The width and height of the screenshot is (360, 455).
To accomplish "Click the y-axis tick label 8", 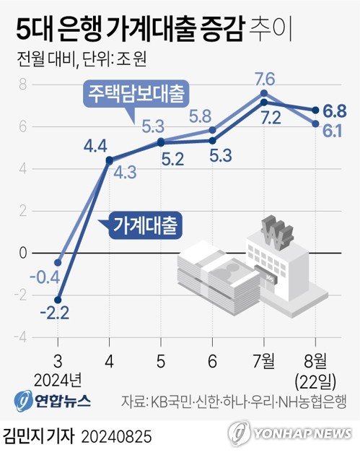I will (x=22, y=84).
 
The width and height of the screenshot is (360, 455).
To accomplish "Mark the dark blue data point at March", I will (x=58, y=300).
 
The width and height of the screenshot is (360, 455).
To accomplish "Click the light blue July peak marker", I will (x=264, y=93).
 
